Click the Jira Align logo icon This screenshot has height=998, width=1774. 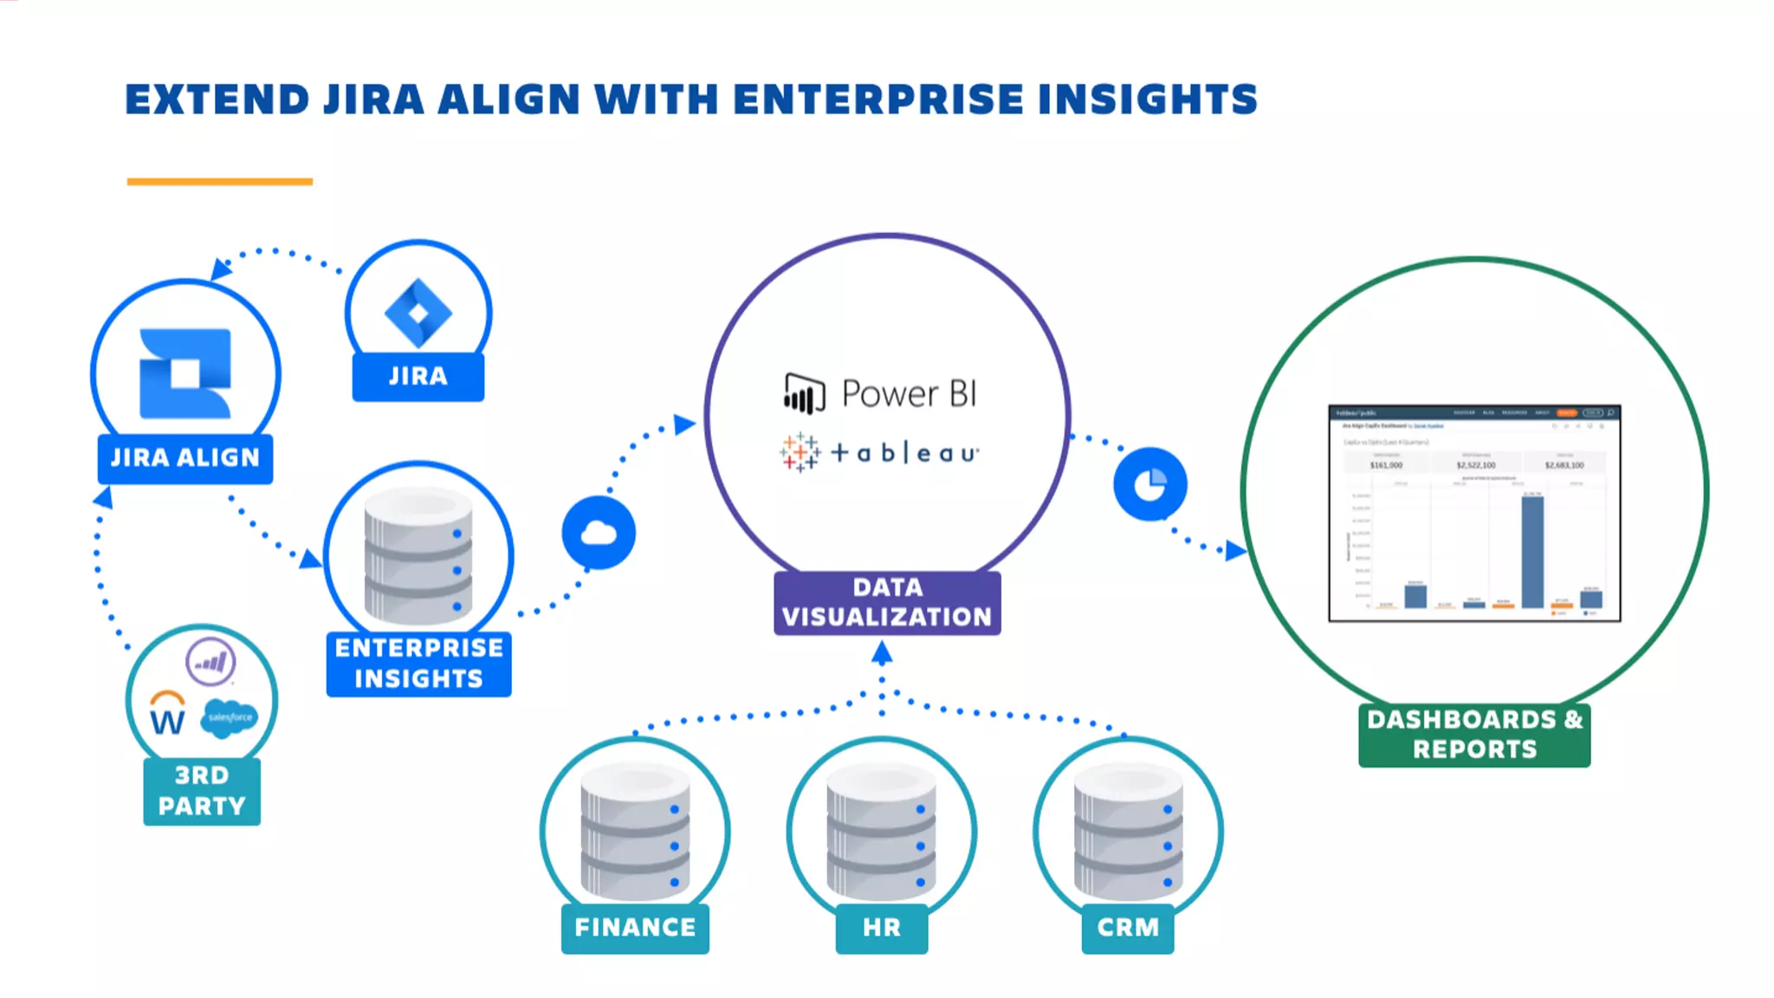coord(185,373)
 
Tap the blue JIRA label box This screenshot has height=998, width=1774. coord(418,376)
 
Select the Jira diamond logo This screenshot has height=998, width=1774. coord(418,313)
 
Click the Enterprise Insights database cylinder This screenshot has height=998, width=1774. coord(418,555)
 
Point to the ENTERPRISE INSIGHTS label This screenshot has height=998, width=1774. coord(418,664)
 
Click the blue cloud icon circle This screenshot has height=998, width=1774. coord(599,533)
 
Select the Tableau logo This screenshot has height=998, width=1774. coord(879,452)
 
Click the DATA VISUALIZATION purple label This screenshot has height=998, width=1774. coord(887,602)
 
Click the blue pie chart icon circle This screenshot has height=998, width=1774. coord(1149,484)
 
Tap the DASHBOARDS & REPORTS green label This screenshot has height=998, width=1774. coord(1474,735)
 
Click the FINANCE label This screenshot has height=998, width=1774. coord(635,928)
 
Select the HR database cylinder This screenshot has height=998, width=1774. coord(881,832)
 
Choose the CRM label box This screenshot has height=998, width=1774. coord(1127,928)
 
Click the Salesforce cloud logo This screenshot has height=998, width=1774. coord(230,717)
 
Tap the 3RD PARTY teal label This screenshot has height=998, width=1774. coord(202,791)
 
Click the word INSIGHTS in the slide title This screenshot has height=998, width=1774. coord(1147,100)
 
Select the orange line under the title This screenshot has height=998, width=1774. coord(219,182)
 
